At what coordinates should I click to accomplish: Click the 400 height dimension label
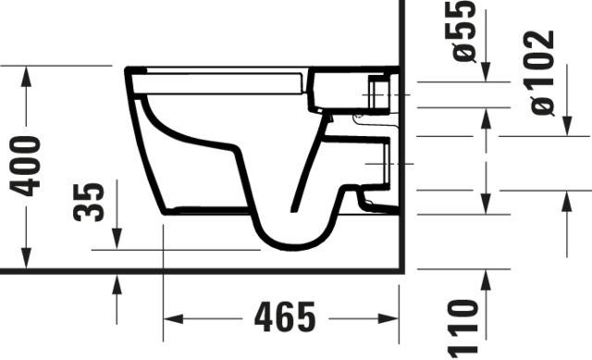point(25,167)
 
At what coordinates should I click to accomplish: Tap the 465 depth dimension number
point(285,317)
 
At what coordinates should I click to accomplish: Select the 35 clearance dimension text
point(89,202)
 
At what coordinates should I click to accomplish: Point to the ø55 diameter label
point(464,31)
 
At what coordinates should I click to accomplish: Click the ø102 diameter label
point(542,72)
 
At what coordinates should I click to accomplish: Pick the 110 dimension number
point(463,329)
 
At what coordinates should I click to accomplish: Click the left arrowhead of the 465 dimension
point(173,318)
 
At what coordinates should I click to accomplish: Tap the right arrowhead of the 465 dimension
point(388,318)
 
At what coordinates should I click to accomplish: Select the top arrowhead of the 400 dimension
point(26,76)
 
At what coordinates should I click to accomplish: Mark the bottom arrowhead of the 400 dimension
point(26,258)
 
